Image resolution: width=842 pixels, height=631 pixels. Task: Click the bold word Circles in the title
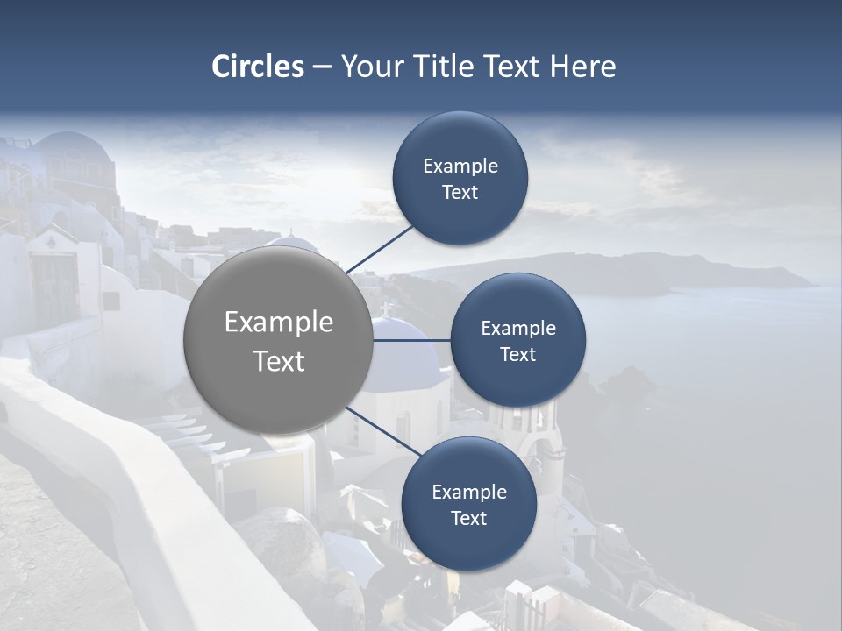[258, 67]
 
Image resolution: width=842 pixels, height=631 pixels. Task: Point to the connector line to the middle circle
[411, 340]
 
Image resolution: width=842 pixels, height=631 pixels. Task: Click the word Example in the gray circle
[279, 323]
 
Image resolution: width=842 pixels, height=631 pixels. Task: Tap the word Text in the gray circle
[279, 361]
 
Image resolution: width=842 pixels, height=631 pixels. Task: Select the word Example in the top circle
[460, 167]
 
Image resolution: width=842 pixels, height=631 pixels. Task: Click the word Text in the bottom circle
[468, 518]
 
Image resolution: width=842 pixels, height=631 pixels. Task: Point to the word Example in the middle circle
[518, 329]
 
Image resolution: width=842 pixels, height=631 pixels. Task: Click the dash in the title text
[322, 67]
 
